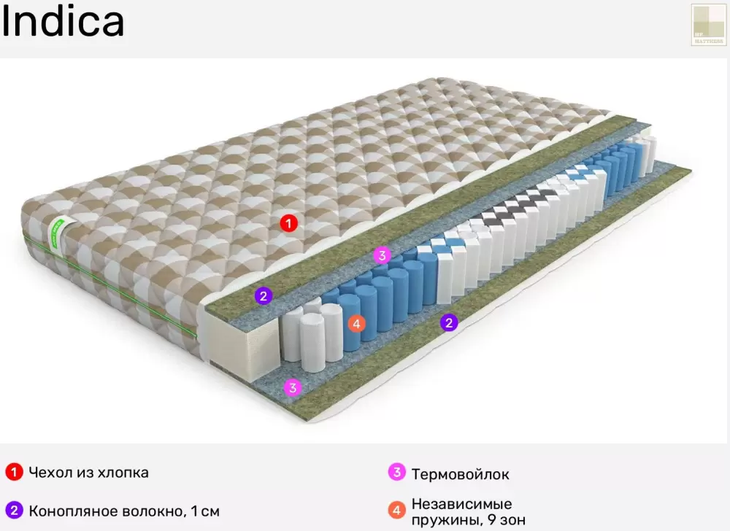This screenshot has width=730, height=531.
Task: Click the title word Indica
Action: click(63, 22)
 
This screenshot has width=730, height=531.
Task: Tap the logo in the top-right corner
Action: click(708, 25)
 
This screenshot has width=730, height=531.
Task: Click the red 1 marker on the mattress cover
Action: click(289, 223)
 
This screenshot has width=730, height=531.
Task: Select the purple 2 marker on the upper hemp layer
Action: click(264, 295)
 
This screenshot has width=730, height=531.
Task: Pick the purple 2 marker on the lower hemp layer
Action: click(449, 322)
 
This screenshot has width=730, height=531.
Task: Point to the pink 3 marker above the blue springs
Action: click(382, 255)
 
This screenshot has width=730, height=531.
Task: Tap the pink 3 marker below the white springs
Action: click(293, 387)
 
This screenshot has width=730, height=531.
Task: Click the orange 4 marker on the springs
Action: click(356, 323)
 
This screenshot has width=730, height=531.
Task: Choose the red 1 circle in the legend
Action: click(12, 473)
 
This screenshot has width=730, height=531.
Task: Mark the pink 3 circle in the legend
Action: click(396, 473)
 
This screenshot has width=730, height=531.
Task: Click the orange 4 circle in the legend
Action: click(396, 511)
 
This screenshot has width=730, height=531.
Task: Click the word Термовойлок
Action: click(460, 474)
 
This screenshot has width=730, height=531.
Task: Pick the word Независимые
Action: click(461, 504)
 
